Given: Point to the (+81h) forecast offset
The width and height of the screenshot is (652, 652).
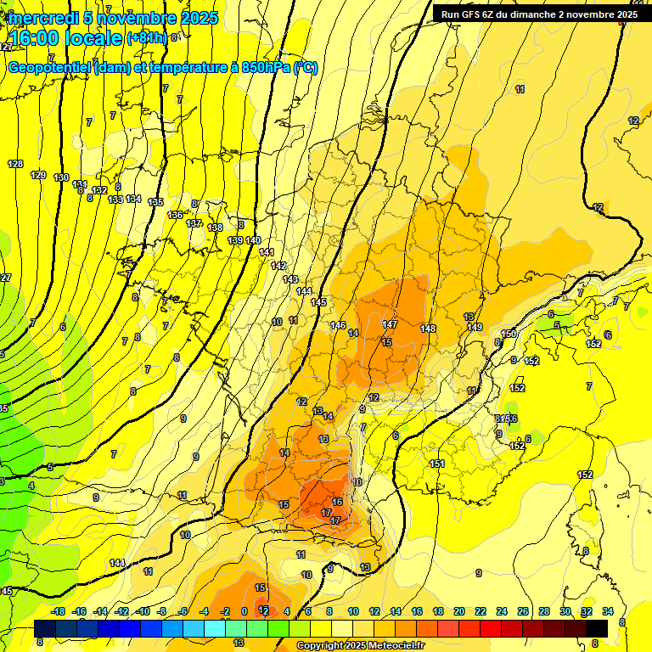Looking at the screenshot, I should (x=147, y=38).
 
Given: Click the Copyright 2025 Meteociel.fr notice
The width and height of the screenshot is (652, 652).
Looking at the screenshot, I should (x=360, y=645).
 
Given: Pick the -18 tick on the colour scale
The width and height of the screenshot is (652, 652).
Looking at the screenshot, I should (x=58, y=611).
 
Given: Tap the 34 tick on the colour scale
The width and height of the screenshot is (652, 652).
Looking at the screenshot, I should (x=608, y=611).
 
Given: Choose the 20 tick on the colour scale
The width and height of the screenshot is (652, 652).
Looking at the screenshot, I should (x=459, y=611).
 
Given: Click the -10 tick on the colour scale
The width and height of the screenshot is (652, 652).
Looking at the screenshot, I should (x=143, y=611).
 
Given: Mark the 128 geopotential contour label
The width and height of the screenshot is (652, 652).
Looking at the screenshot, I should (x=15, y=164).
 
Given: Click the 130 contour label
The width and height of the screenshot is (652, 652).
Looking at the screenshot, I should (x=61, y=177).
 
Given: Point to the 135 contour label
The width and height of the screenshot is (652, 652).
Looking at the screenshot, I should (x=155, y=202).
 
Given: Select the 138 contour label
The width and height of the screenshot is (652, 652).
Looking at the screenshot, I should (x=215, y=228).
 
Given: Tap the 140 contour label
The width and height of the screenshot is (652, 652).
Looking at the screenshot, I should (x=253, y=241).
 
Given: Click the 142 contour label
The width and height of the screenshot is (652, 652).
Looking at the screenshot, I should (x=278, y=266).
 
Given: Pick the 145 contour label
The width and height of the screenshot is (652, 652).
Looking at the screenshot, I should (x=318, y=302).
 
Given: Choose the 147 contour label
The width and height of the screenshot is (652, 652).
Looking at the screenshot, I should (x=390, y=324).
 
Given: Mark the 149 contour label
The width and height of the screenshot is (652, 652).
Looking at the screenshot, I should (x=475, y=327).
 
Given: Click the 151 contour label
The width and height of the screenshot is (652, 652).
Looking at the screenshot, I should (x=437, y=464).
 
